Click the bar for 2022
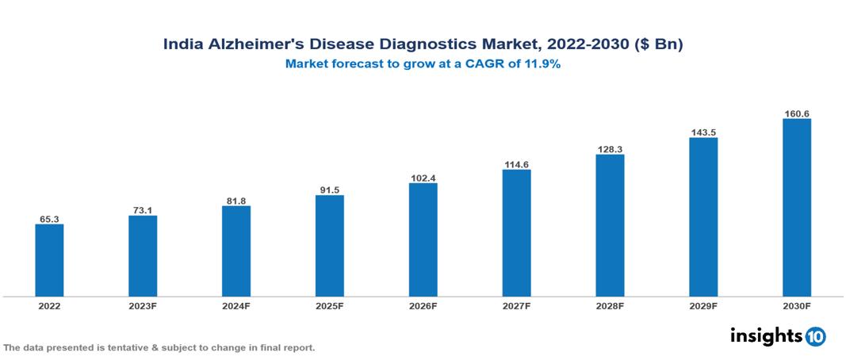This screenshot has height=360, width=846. point(49,260)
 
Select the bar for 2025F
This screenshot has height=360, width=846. point(330,246)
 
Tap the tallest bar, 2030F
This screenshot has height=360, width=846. point(797,208)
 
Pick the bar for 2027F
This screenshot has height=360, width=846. point(516,233)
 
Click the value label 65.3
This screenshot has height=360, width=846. point(49,219)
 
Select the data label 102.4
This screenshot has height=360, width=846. point(423,178)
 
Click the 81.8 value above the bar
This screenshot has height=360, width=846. point(236,201)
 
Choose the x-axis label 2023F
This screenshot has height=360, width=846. point(143,305)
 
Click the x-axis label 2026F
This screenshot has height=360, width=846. point(423,305)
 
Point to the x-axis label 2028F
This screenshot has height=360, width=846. point(610,305)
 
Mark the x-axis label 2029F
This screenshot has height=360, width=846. point(703,305)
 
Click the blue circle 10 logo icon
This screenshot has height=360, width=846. point(815,336)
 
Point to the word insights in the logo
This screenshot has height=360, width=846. point(766,335)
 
